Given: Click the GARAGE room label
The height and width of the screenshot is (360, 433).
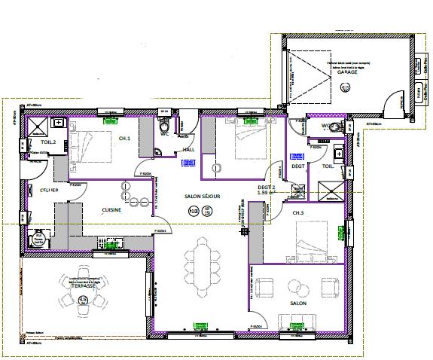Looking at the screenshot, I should (x=346, y=72).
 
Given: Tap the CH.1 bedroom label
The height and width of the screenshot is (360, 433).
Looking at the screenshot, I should (x=124, y=139).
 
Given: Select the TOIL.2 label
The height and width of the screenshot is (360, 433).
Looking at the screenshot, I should (x=38, y=141).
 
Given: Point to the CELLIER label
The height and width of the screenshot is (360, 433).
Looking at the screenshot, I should (x=38, y=191).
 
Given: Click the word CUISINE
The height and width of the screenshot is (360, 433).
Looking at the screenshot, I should (x=113, y=210).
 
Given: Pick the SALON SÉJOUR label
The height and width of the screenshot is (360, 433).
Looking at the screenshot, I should (x=203, y=196).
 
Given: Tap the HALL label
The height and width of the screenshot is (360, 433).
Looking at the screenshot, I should (x=190, y=149).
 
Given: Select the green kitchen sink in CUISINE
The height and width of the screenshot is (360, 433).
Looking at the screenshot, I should (x=113, y=243).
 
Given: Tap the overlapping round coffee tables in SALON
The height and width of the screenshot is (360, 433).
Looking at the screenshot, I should (x=296, y=288).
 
